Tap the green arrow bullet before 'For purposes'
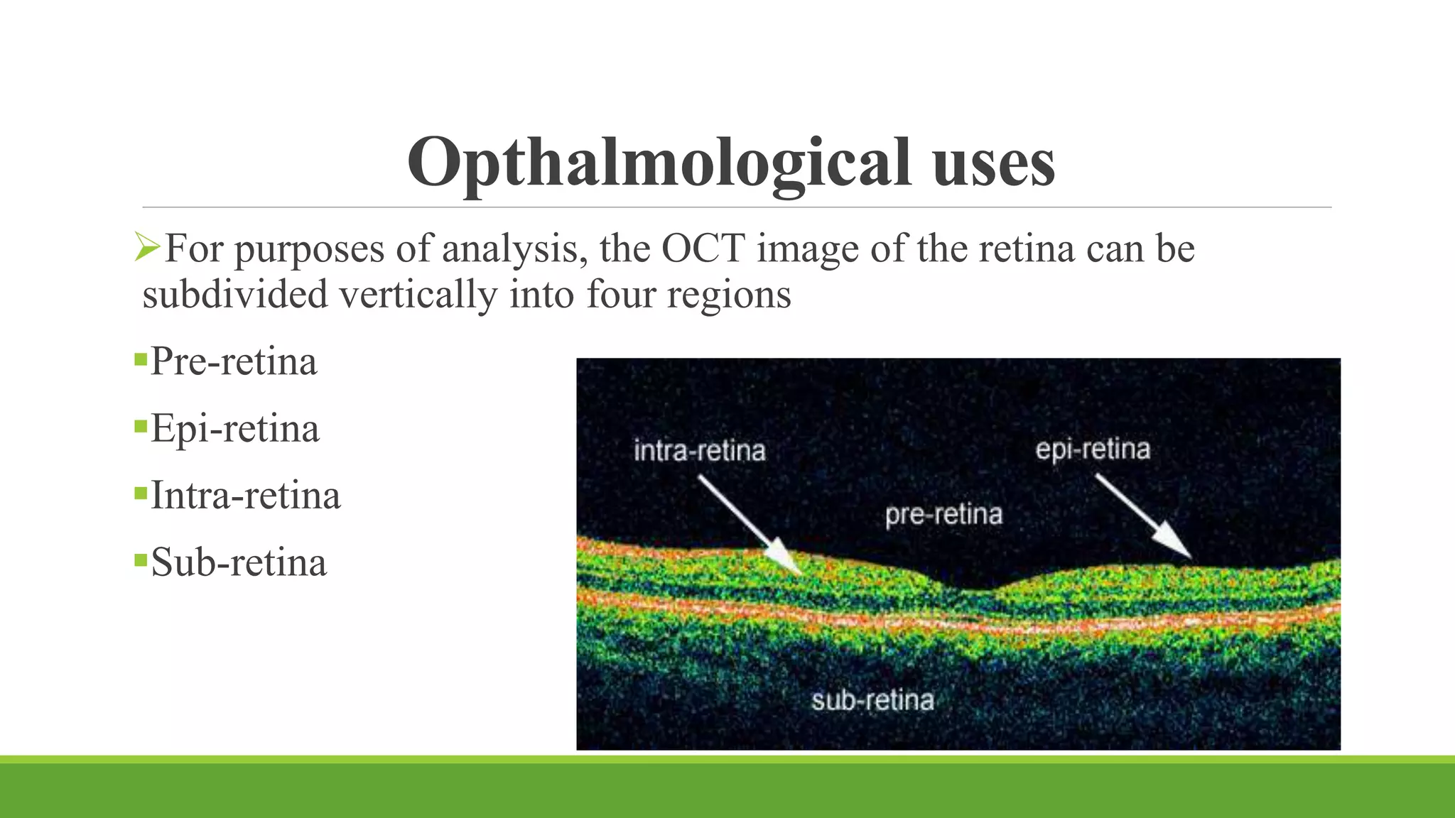[x=148, y=248]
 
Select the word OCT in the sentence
[x=703, y=249]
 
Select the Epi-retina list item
[x=234, y=429]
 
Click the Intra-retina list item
[x=245, y=496]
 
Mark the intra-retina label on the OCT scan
[x=699, y=451]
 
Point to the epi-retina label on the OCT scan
[x=1093, y=449]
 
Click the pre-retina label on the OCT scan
[x=943, y=515]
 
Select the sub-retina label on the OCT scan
[x=872, y=701]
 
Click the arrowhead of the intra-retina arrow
[x=790, y=561]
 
